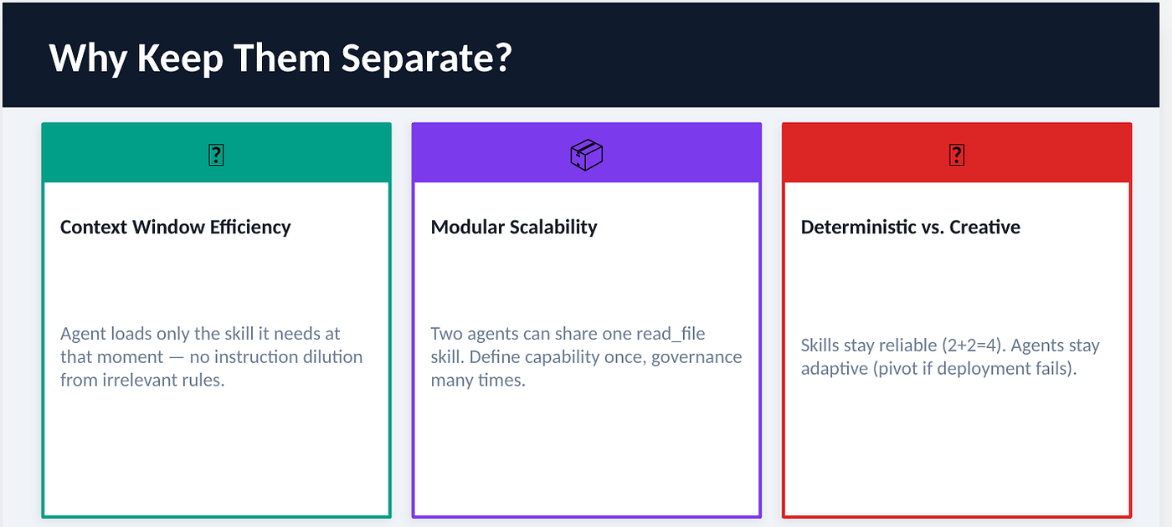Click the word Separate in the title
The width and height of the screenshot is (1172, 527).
pos(426,59)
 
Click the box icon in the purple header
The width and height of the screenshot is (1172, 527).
pos(587,155)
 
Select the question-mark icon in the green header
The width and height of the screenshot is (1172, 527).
pos(216,155)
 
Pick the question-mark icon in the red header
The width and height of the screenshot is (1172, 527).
pos(956,155)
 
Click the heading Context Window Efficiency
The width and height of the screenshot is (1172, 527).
pos(175,228)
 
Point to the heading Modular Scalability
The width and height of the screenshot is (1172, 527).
pos(514,228)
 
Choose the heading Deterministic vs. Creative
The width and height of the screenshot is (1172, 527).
pos(911,228)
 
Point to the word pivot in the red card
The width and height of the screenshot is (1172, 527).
pos(897,369)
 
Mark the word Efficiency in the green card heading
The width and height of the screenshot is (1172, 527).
pos(250,228)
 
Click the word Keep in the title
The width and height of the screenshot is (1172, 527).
pos(181,59)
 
